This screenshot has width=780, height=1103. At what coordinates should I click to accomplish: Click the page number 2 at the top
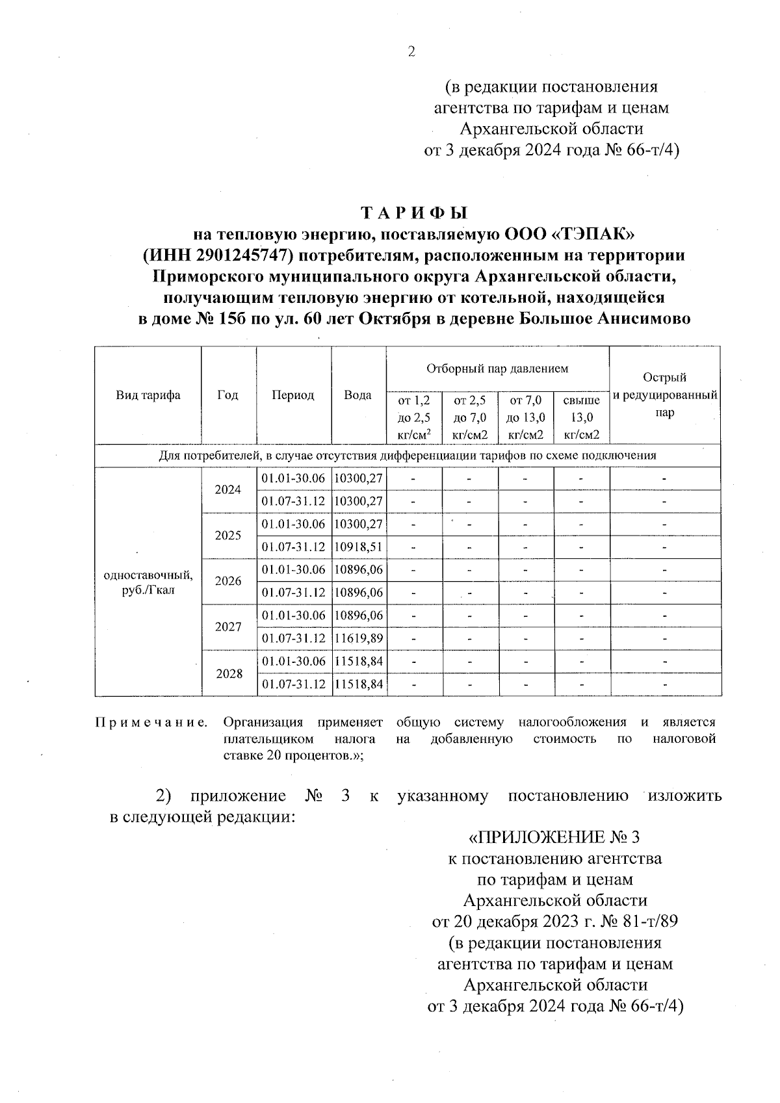click(410, 53)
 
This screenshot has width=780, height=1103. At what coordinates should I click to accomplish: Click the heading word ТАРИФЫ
click(414, 213)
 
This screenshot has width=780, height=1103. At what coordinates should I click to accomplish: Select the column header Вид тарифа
click(148, 395)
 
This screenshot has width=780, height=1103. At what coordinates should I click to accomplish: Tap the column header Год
click(228, 395)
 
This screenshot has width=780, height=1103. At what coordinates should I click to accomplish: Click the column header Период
click(293, 395)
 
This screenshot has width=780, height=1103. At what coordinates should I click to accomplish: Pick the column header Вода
click(357, 395)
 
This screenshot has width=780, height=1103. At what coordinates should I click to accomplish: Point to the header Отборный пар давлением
click(497, 369)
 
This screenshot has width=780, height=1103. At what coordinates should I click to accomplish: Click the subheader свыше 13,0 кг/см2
click(581, 418)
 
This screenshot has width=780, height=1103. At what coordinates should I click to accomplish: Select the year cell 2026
click(228, 581)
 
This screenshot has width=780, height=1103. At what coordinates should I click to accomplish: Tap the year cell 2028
click(228, 673)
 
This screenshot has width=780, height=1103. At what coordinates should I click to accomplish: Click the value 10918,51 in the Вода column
click(358, 547)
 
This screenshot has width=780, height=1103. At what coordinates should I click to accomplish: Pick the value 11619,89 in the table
click(358, 639)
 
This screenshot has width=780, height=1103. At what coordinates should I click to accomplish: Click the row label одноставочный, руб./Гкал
click(148, 582)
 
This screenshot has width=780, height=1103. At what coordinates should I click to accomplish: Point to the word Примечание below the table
click(151, 722)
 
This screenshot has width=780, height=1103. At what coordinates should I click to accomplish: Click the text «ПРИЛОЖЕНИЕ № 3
click(558, 836)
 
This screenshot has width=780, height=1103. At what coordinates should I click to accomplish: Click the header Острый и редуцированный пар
click(664, 395)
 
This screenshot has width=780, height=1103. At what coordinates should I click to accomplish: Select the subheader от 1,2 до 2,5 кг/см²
click(414, 418)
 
